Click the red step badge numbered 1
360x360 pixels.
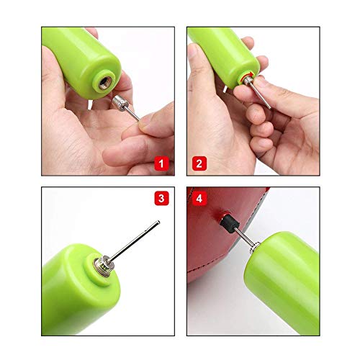tap(163, 163)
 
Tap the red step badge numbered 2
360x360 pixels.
tap(198, 163)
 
